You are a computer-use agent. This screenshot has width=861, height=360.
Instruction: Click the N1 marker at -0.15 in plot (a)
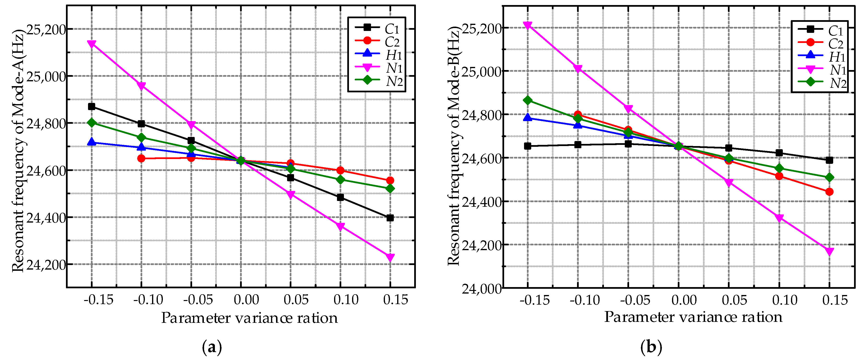[x=92, y=44]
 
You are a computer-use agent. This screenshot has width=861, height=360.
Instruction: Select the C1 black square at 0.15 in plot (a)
[x=390, y=218]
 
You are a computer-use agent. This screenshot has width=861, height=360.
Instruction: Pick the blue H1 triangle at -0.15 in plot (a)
[x=92, y=142]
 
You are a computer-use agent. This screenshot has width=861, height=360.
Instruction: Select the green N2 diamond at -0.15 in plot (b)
[x=527, y=100]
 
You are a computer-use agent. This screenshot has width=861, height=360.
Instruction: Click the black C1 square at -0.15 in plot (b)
[x=527, y=146]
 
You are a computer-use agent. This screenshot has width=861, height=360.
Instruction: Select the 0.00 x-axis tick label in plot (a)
[x=246, y=300]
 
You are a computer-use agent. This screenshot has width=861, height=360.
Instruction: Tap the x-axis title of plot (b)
[x=693, y=317]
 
